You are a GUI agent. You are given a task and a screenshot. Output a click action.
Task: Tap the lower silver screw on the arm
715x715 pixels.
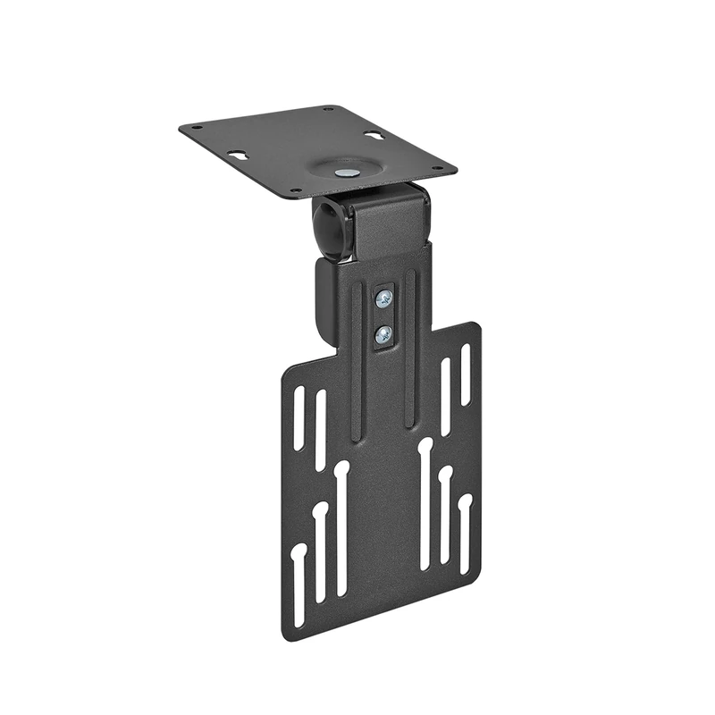coord(383,334)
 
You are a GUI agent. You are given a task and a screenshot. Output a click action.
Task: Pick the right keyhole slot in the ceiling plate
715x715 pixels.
coord(374,136)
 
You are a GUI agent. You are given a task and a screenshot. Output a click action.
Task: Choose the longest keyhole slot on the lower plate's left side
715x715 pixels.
coord(341,527)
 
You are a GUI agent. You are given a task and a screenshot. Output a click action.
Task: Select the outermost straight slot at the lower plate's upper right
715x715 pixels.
coord(465,371)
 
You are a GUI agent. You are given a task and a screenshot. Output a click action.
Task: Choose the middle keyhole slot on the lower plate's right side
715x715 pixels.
coord(444,514)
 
